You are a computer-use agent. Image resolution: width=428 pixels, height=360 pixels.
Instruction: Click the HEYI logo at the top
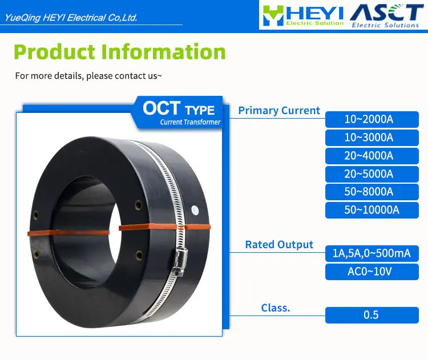(302, 15)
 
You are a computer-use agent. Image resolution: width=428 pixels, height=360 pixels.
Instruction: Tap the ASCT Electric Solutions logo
(385, 15)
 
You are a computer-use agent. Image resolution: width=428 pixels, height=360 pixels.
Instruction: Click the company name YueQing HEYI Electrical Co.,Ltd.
(71, 18)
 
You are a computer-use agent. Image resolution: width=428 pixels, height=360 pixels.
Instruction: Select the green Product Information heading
(120, 52)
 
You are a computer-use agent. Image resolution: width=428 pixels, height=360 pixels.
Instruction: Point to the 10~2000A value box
(372, 119)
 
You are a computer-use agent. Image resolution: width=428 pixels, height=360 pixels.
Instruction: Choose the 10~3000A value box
(372, 137)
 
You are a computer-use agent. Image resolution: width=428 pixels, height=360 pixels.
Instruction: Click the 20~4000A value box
(372, 156)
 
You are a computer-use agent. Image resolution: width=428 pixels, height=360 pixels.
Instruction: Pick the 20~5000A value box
(372, 173)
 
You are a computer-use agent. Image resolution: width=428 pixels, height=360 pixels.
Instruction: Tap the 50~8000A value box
(372, 192)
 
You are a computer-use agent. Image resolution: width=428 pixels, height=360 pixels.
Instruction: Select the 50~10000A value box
(372, 210)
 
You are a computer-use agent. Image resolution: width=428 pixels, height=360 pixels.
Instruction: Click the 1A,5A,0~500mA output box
(372, 253)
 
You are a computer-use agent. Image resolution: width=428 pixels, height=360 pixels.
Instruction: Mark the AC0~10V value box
(372, 272)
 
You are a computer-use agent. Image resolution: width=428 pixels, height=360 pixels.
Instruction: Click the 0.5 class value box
(372, 315)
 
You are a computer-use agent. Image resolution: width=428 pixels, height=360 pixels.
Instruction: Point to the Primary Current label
(279, 111)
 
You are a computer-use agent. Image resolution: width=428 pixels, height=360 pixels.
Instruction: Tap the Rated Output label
(279, 244)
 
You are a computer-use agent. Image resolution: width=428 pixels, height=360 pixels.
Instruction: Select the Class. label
(276, 308)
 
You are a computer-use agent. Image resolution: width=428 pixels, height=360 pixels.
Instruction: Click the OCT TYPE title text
(179, 108)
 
